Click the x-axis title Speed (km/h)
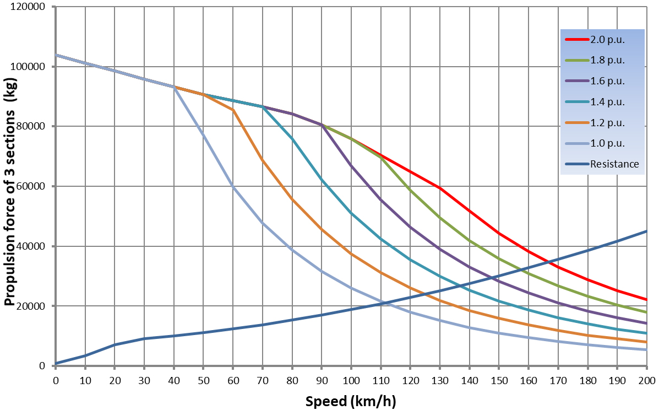(x=351, y=401)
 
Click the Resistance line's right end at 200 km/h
(x=646, y=231)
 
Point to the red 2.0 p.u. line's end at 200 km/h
(x=646, y=300)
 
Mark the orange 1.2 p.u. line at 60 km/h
(x=233, y=110)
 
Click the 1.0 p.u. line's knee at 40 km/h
(x=174, y=87)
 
